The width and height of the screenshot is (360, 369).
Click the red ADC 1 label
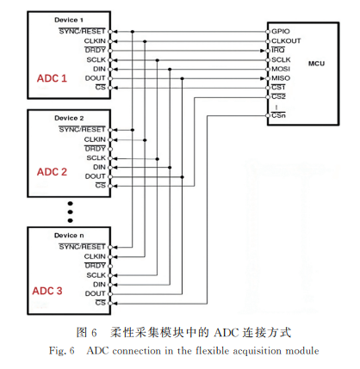pyautogui.click(x=52, y=78)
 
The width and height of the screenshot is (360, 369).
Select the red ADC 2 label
pyautogui.click(x=52, y=172)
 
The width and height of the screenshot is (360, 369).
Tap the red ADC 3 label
pyautogui.click(x=47, y=291)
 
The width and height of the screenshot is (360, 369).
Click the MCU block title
pyautogui.click(x=316, y=64)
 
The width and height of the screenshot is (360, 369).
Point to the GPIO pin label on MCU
pyautogui.click(x=281, y=31)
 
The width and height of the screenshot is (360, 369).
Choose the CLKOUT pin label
pyautogui.click(x=286, y=41)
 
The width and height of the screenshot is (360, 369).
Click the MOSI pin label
pyautogui.click(x=281, y=69)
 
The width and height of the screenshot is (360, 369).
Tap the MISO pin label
pyautogui.click(x=281, y=78)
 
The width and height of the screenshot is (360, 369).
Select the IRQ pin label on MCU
pyautogui.click(x=278, y=51)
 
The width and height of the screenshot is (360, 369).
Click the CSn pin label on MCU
pyautogui.click(x=278, y=115)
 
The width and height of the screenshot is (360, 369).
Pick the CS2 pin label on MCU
pyautogui.click(x=278, y=96)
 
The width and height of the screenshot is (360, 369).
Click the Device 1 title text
pyautogui.click(x=69, y=20)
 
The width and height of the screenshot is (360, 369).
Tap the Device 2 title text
pyautogui.click(x=69, y=118)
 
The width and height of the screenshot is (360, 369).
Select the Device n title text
pyautogui.click(x=69, y=236)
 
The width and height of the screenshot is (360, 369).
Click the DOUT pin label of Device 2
pyautogui.click(x=95, y=176)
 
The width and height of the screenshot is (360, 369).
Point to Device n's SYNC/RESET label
pyautogui.click(x=82, y=247)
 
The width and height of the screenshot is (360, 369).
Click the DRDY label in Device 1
pyautogui.click(x=95, y=50)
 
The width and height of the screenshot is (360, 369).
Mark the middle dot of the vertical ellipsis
pyautogui.click(x=71, y=212)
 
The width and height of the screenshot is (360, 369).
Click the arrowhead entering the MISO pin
pyautogui.click(x=262, y=78)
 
